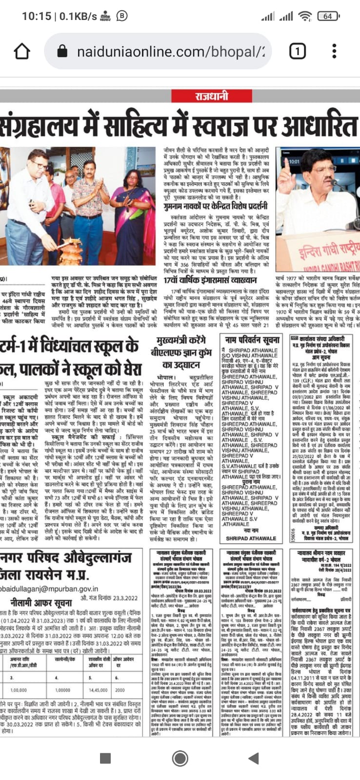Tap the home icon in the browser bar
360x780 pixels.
click(x=22, y=51)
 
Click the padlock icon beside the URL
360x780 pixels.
click(x=61, y=51)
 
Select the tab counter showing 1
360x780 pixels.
click(x=297, y=51)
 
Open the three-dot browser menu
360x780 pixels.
click(x=334, y=51)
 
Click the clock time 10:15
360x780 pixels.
click(x=36, y=16)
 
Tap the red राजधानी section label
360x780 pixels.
click(x=211, y=96)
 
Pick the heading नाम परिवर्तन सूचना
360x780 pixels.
click(x=251, y=339)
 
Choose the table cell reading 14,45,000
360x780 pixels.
click(x=99, y=690)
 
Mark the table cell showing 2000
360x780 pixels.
click(x=120, y=690)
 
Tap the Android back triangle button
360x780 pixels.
click(x=253, y=758)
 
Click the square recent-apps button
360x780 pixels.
click(x=105, y=758)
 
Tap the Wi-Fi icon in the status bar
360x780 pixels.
click(x=305, y=16)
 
